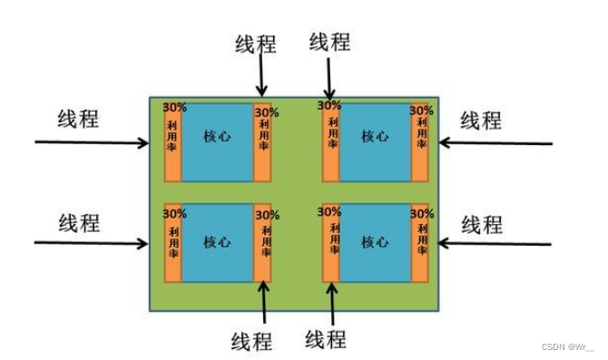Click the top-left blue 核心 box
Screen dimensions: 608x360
pyautogui.click(x=217, y=141)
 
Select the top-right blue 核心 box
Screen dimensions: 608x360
pyautogui.click(x=374, y=141)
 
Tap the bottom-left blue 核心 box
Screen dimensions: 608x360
pyautogui.click(x=217, y=242)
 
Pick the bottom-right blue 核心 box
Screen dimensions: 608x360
pyautogui.click(x=374, y=242)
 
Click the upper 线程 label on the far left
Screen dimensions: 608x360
pyautogui.click(x=78, y=118)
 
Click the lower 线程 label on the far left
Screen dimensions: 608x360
pyautogui.click(x=78, y=222)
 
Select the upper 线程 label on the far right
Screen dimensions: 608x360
pyautogui.click(x=482, y=120)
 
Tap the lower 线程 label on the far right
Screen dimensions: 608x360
pyautogui.click(x=482, y=223)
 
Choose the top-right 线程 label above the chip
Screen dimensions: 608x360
pyautogui.click(x=329, y=42)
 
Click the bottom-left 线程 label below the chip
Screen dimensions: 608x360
pyautogui.click(x=250, y=341)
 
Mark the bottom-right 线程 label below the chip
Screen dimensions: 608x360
pyautogui.click(x=326, y=340)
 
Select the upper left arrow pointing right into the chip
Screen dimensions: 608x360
pyautogui.click(x=91, y=142)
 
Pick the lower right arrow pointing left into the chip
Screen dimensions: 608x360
pyautogui.click(x=495, y=244)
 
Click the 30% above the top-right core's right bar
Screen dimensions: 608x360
pyautogui.click(x=420, y=110)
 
